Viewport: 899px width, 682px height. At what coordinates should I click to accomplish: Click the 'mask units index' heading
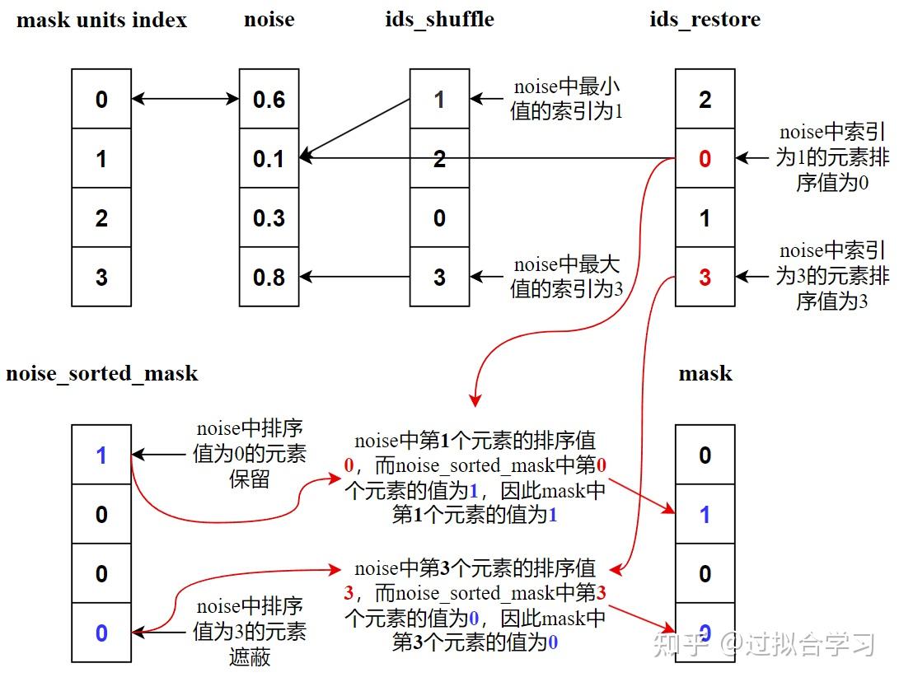click(101, 21)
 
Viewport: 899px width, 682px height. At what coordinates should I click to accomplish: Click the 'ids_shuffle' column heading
click(439, 21)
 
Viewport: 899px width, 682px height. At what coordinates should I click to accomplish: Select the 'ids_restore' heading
click(705, 21)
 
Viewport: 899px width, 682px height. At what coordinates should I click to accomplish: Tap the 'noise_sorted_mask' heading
click(101, 374)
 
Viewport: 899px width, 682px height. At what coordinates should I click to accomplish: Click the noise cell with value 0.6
click(269, 100)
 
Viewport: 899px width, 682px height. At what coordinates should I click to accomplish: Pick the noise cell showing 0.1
click(269, 159)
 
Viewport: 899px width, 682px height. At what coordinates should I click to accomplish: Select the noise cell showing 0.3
click(269, 218)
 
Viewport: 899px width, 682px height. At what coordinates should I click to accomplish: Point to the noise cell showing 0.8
click(269, 278)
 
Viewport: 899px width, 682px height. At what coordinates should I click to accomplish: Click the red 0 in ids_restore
click(705, 159)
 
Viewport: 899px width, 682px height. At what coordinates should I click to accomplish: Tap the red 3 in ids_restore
click(705, 278)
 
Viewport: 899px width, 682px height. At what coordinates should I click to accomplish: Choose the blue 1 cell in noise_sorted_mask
click(101, 455)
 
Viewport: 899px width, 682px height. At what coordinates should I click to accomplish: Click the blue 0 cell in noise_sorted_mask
click(101, 633)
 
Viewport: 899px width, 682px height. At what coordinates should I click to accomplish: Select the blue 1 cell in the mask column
click(705, 515)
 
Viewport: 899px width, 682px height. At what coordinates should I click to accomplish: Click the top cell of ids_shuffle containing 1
click(439, 100)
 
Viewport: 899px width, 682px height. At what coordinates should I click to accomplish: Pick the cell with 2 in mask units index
click(101, 218)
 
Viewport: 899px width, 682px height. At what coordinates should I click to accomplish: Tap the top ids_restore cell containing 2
click(705, 100)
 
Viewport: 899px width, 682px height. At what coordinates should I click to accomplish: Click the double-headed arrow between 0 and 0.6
click(185, 100)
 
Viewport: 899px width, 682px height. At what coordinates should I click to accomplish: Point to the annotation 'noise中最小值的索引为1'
click(566, 99)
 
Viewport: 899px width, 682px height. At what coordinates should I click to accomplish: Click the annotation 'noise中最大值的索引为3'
click(566, 277)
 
